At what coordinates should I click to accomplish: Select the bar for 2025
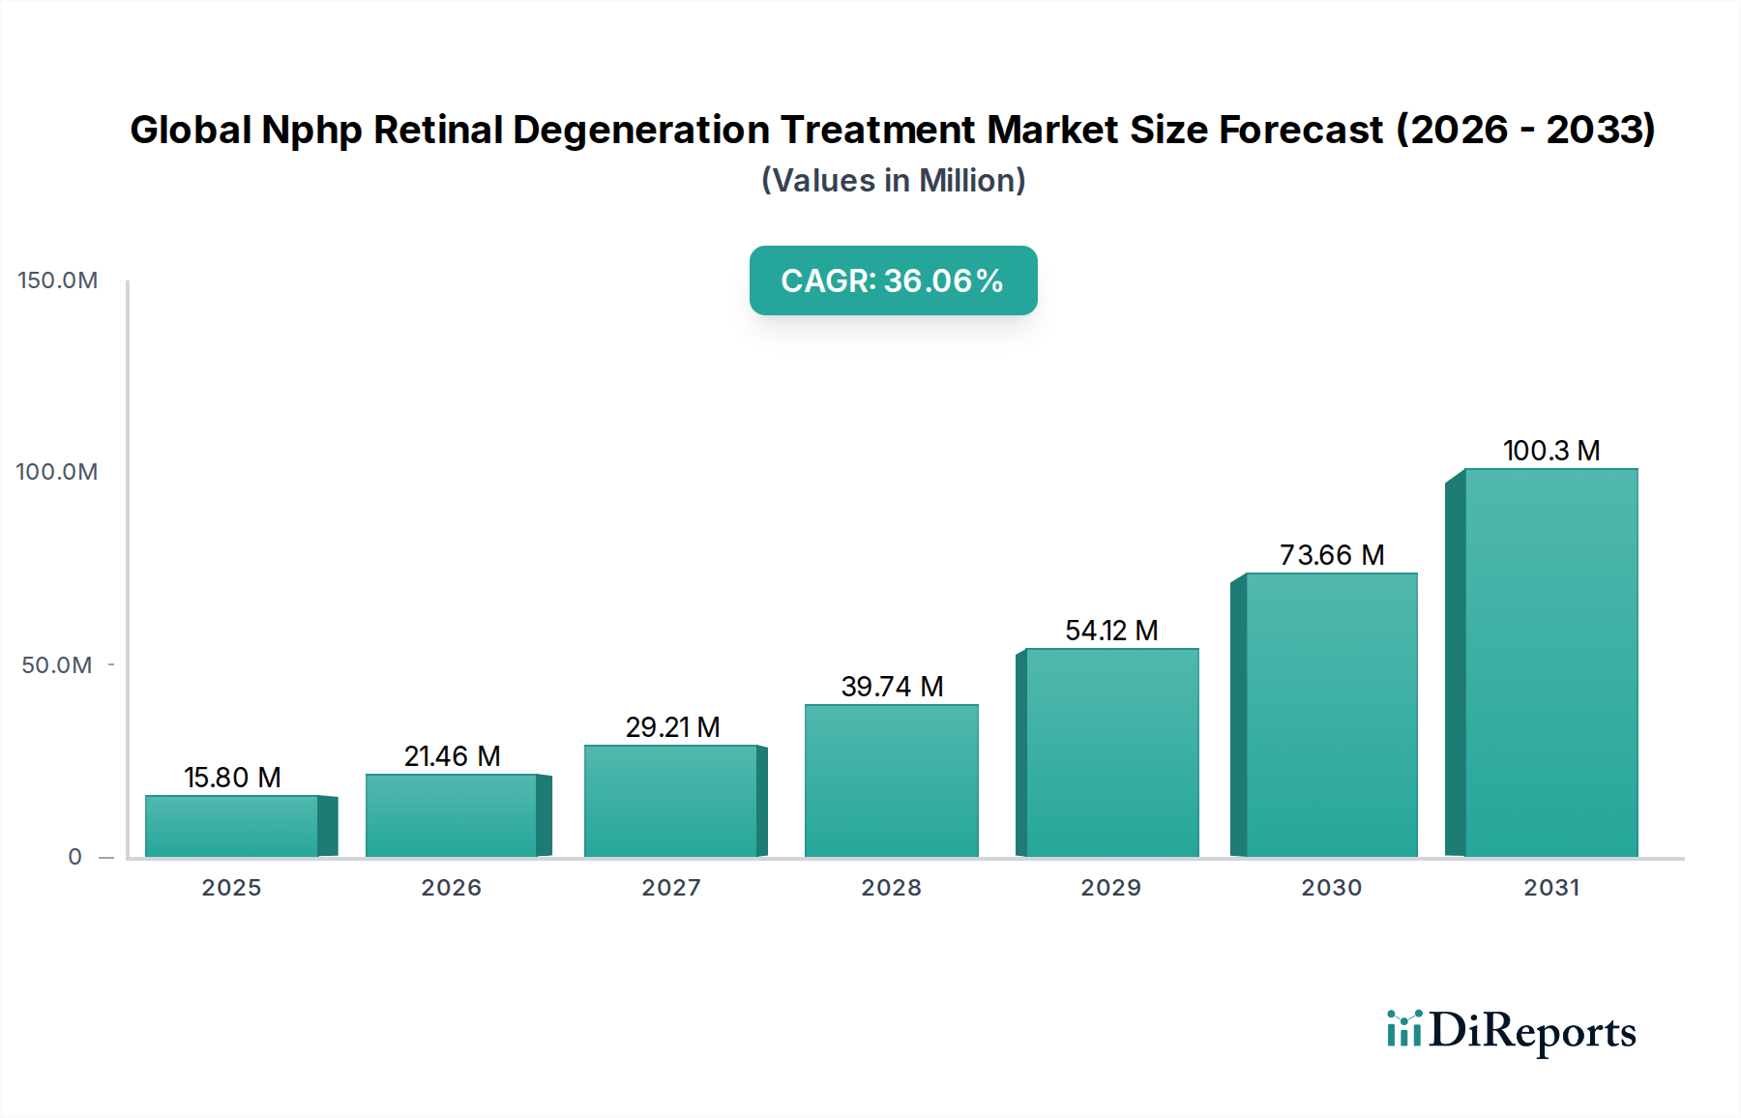tap(232, 826)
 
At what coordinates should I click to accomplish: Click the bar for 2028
tap(891, 780)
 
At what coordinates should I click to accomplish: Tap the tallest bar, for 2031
tap(1550, 662)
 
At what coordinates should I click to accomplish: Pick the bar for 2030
tap(1331, 715)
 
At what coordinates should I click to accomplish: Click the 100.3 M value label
tap(1551, 451)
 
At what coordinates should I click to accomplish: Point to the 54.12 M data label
tap(1111, 631)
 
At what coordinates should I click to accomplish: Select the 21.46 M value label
tap(452, 756)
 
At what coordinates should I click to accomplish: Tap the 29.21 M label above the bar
tap(672, 727)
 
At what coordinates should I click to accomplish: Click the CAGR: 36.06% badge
tap(893, 280)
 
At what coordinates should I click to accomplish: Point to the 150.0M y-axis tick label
tap(58, 280)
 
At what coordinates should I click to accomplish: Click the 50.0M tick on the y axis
tap(57, 665)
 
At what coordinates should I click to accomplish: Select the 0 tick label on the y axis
tap(75, 857)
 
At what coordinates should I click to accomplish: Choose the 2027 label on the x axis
tap(671, 888)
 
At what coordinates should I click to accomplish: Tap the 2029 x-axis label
tap(1111, 888)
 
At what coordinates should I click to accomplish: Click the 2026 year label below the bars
tap(452, 888)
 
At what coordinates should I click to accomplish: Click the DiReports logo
tap(1511, 1031)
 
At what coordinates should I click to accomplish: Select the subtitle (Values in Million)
tap(893, 181)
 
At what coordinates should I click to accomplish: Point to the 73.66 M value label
tap(1332, 555)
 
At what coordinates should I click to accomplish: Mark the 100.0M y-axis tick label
tap(57, 472)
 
